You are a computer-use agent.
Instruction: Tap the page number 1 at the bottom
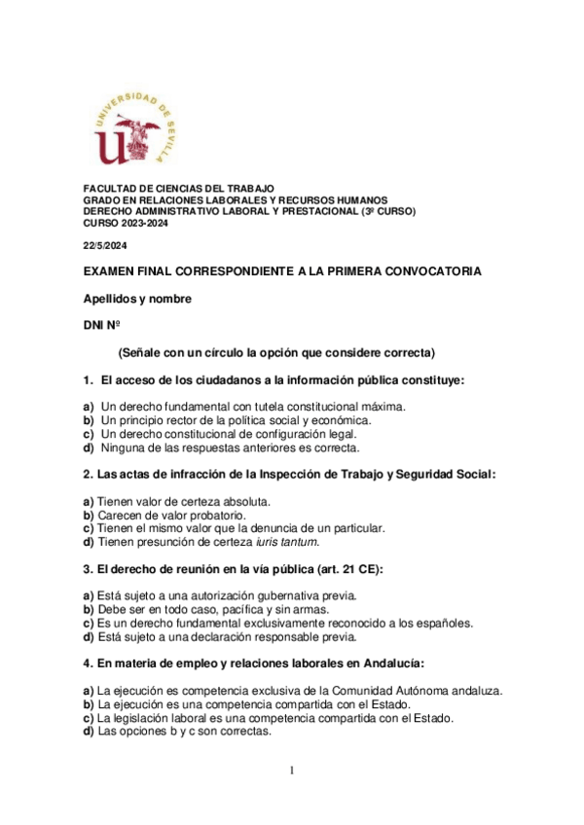[x=291, y=771]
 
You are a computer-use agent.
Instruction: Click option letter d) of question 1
[x=89, y=448]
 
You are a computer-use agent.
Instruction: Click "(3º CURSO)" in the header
[x=388, y=211]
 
